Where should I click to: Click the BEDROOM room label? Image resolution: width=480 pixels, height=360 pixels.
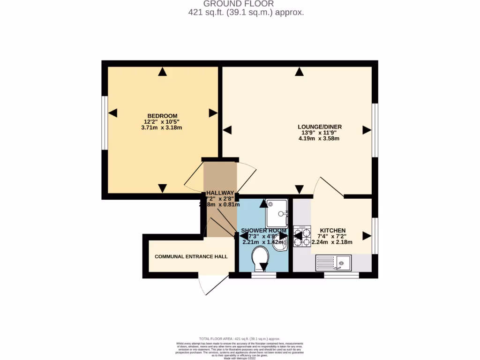(162, 116)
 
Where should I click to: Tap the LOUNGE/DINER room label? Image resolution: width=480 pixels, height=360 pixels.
(320, 127)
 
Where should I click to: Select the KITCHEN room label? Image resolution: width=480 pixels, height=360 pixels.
(332, 231)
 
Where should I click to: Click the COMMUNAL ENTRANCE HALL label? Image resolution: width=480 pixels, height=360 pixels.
(191, 256)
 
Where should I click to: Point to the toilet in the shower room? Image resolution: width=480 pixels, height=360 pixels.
(260, 257)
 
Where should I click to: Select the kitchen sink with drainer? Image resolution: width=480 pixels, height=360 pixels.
(334, 262)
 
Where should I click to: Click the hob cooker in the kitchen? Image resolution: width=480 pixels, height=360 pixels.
(302, 236)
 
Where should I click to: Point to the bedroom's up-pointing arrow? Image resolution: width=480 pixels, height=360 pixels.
(162, 72)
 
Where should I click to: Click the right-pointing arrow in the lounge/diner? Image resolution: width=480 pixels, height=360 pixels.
(367, 130)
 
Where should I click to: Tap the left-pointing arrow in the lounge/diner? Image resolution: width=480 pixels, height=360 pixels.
(227, 130)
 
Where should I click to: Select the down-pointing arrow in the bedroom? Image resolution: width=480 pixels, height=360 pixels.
(162, 188)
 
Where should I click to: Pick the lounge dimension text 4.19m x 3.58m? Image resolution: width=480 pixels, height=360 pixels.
(319, 139)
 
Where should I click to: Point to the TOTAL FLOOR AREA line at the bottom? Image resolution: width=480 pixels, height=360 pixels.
(240, 338)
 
